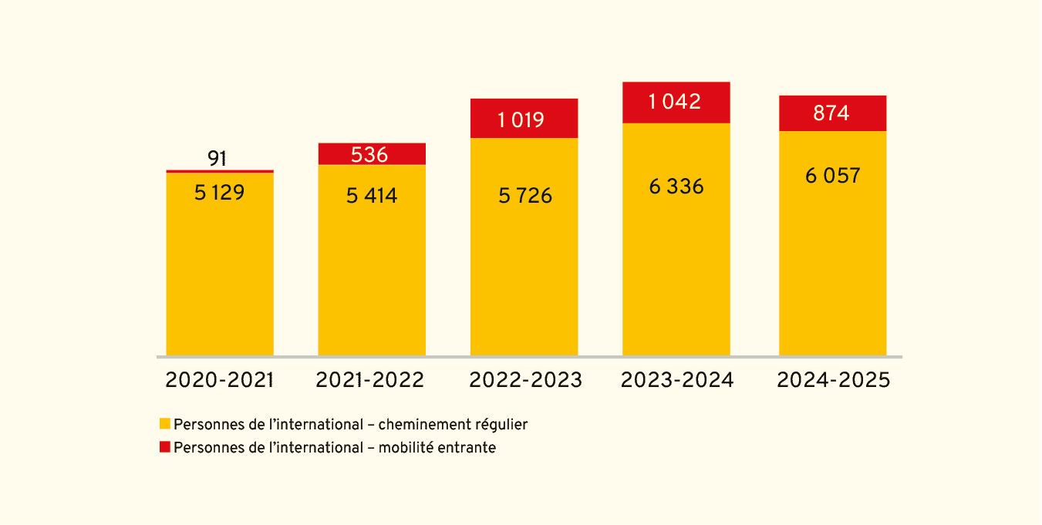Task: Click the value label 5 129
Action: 219,193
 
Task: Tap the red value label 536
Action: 369,155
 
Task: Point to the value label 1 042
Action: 675,102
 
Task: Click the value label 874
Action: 831,113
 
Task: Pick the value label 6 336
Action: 676,187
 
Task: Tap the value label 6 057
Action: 832,176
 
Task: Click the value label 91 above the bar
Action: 218,159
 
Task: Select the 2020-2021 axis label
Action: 220,380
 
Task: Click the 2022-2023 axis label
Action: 525,380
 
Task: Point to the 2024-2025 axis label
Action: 833,380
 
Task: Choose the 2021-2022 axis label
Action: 370,380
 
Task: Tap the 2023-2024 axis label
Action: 677,380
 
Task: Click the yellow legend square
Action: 164,424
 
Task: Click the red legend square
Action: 164,447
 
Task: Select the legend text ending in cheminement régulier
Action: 351,424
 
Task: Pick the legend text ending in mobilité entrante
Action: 335,447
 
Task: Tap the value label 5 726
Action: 525,196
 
